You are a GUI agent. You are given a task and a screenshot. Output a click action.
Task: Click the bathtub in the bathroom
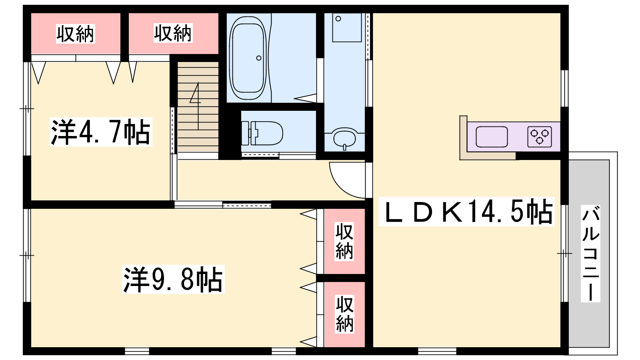pos(248,58)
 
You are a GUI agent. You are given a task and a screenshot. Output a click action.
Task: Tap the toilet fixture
pos(262,133)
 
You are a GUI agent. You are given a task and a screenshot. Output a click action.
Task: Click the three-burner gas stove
pos(540,136)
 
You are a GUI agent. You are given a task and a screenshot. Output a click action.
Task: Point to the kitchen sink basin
pos(492,136)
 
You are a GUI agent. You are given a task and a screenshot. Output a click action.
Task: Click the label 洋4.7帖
pos(100,132)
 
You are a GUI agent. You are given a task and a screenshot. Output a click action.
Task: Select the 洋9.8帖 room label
pos(173,279)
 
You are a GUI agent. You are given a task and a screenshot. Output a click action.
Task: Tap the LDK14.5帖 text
pos(466,212)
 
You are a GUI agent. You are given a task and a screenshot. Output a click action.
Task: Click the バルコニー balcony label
pos(590,254)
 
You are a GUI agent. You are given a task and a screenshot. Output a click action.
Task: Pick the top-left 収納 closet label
pos(75,34)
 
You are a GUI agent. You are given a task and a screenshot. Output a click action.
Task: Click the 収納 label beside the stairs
pos(173,33)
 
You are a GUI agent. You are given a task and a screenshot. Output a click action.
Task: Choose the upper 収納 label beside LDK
pos(344,242)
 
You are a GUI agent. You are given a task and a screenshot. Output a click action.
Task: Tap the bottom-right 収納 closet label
pos(344,314)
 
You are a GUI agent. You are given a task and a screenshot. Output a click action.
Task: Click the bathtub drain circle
pos(259,58)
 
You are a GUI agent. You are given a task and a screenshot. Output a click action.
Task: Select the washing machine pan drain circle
pos(338,19)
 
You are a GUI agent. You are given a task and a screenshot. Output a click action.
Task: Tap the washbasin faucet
pos(344,147)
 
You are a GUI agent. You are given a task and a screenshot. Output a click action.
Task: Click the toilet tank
pos(246,133)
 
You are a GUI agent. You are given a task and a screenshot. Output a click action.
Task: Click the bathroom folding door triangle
pos(305,98)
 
